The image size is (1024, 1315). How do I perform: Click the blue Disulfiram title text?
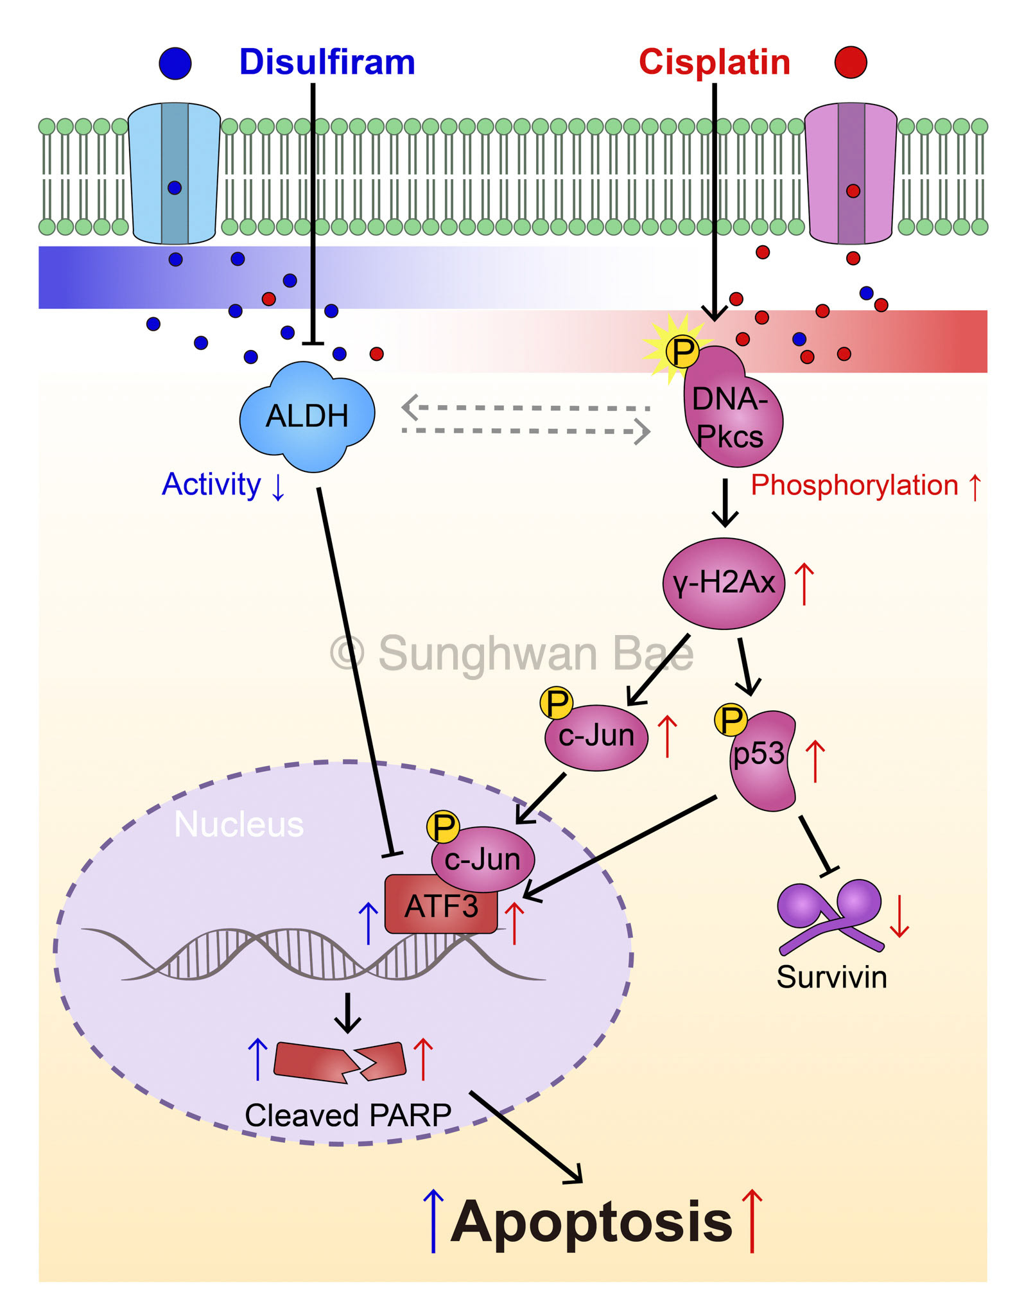[327, 62]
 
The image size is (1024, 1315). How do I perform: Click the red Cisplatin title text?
[714, 62]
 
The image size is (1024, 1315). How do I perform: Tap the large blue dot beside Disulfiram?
[175, 63]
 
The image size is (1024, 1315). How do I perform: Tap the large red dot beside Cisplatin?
[851, 62]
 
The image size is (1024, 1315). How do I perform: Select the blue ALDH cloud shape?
[307, 416]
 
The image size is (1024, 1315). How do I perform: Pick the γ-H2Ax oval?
[724, 583]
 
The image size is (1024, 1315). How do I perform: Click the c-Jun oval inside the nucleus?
[483, 859]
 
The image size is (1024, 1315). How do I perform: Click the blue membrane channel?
[175, 173]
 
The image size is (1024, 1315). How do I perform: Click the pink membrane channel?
[851, 173]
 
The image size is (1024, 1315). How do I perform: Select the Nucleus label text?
[239, 824]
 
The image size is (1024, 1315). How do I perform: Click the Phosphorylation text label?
[854, 485]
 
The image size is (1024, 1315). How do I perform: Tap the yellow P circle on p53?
[731, 720]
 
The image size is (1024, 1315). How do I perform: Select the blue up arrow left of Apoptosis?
[434, 1220]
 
